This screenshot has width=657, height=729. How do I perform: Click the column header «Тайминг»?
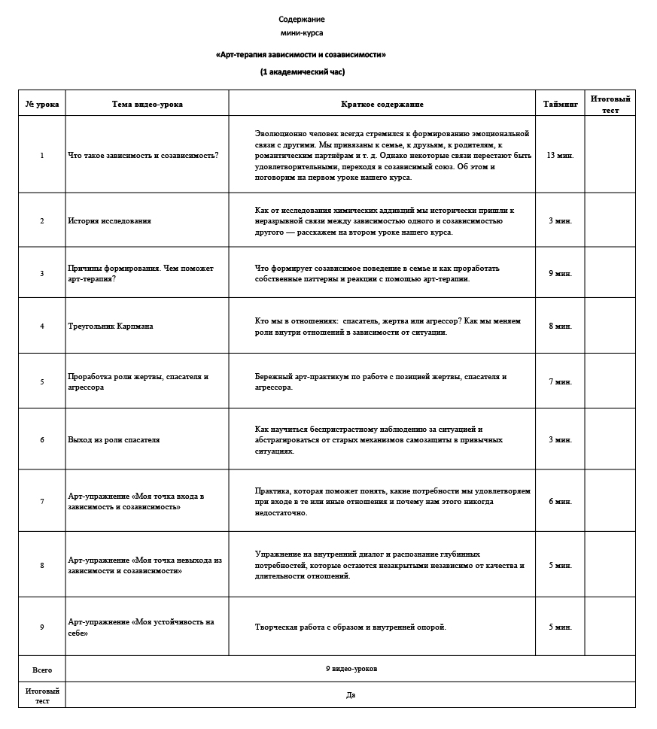(560, 105)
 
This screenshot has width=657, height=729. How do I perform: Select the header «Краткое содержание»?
(382, 105)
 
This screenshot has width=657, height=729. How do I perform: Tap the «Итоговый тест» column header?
(610, 105)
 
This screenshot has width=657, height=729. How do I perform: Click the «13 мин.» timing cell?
(560, 155)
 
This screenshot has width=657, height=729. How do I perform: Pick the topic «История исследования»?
(109, 220)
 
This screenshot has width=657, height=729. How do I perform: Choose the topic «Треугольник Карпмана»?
(110, 326)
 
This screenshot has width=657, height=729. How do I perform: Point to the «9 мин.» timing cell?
(560, 273)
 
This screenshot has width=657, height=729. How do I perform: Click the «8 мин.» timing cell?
(560, 326)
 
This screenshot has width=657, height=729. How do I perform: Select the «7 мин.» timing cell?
(560, 381)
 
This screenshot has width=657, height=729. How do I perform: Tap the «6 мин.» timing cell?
(560, 501)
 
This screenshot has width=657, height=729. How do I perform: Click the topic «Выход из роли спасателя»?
(114, 439)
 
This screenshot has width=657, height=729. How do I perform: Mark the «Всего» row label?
(42, 669)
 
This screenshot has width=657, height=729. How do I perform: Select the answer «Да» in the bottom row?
(351, 695)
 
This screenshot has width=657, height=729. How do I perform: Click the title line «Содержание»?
(302, 19)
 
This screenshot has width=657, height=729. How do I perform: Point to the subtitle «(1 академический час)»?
(302, 72)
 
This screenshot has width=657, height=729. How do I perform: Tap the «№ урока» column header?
(42, 105)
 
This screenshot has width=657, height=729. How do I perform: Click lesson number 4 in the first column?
(42, 326)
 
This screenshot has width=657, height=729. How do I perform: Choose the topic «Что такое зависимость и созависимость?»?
(143, 155)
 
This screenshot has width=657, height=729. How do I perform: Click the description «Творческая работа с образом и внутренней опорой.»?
(351, 627)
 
